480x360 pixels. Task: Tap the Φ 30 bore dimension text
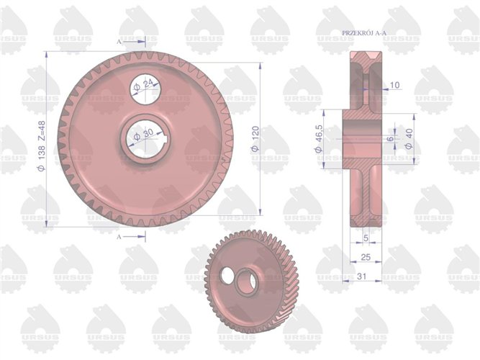pyautogui.click(x=146, y=135)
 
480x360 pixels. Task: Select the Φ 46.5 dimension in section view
pyautogui.click(x=317, y=137)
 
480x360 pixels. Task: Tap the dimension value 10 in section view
pyautogui.click(x=394, y=85)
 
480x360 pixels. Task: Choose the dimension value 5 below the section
pyautogui.click(x=366, y=236)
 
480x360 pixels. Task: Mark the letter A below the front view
pyautogui.click(x=119, y=235)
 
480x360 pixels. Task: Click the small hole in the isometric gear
pyautogui.click(x=227, y=276)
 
